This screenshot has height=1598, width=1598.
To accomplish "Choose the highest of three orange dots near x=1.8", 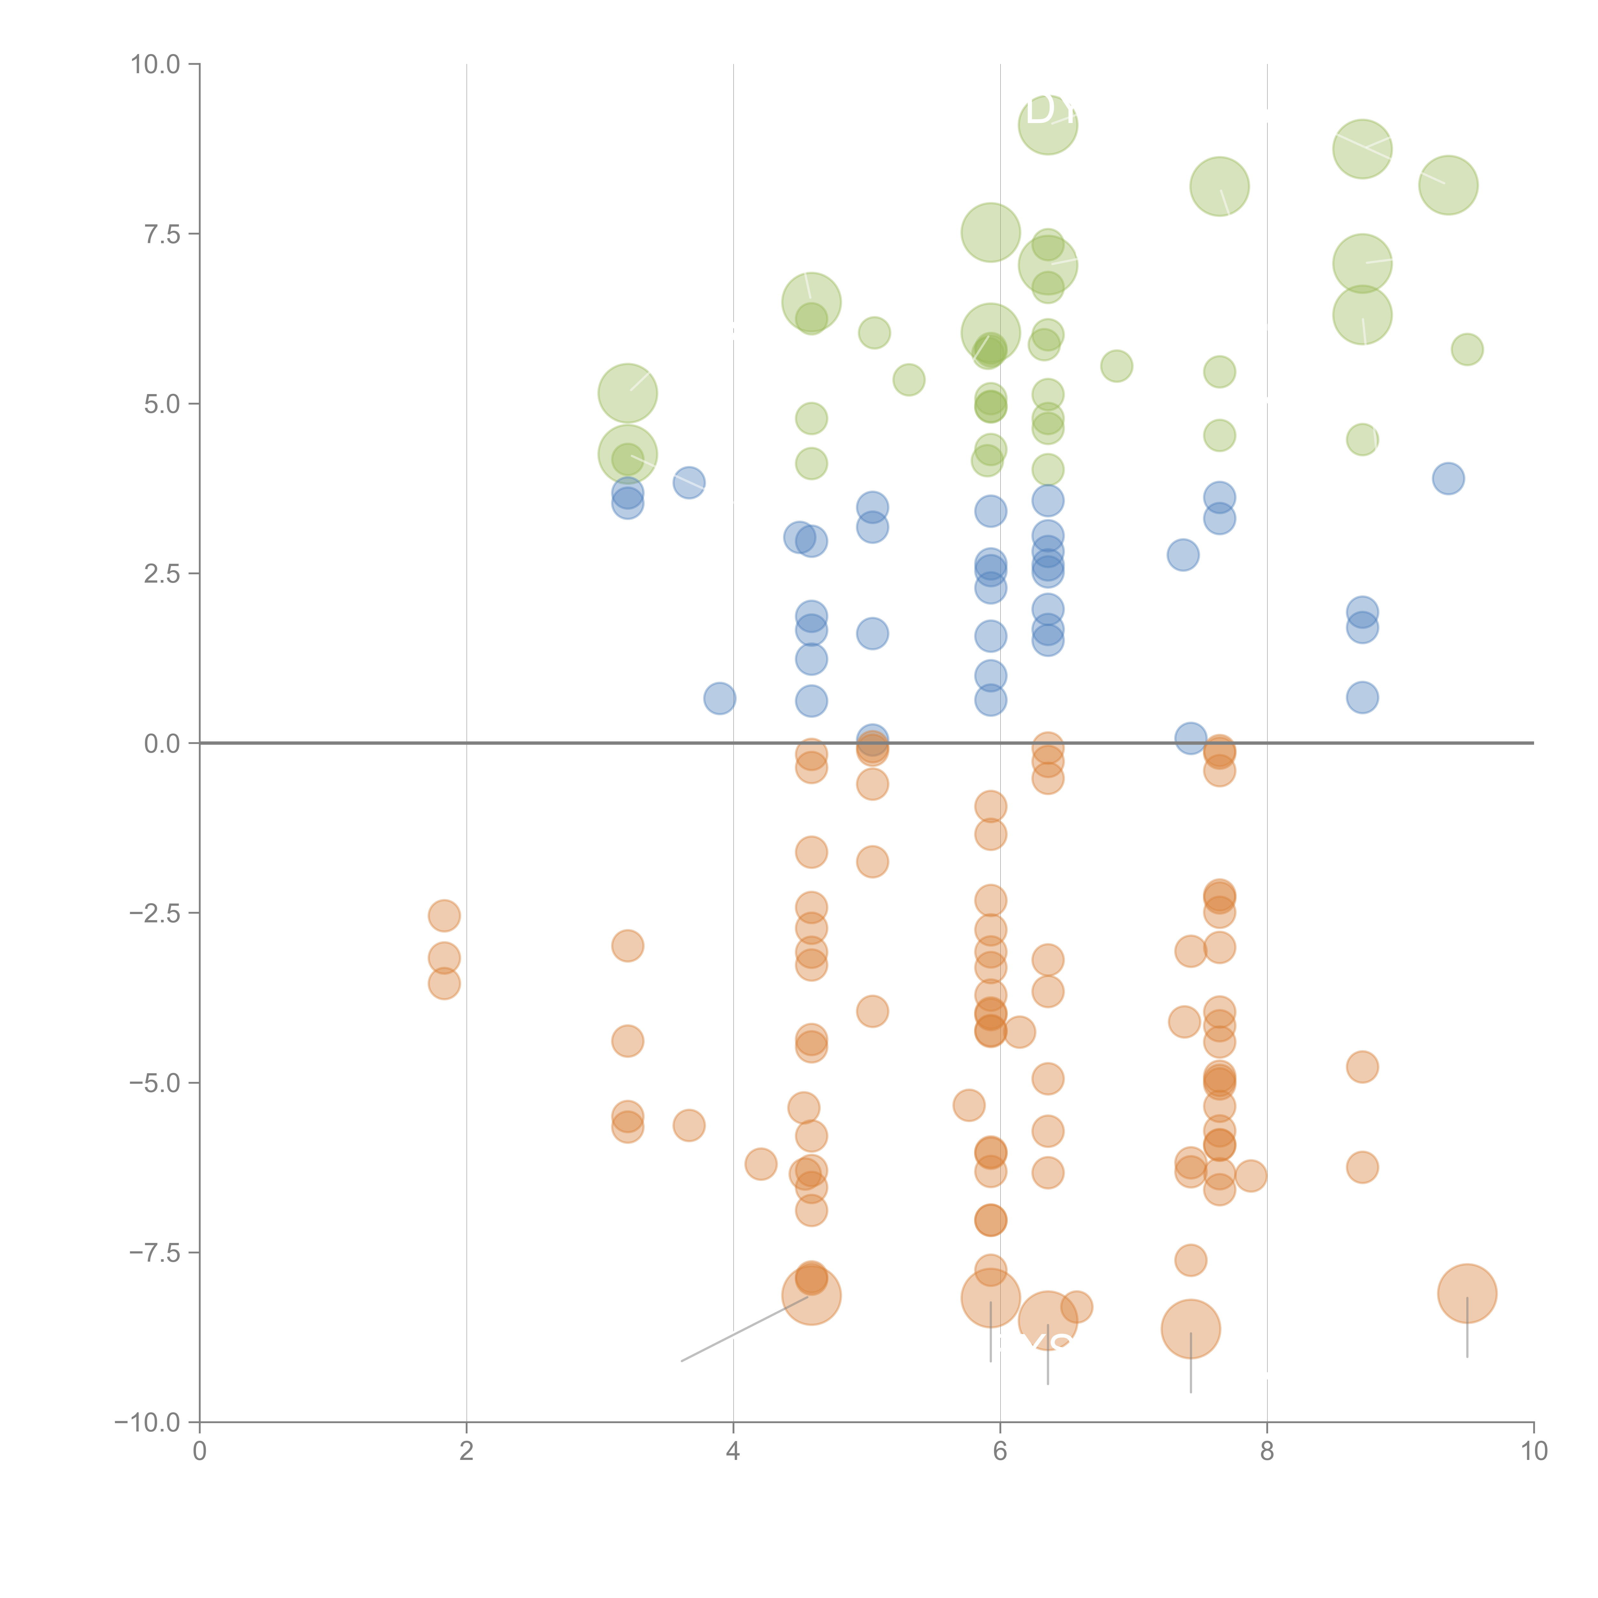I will point(444,916).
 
